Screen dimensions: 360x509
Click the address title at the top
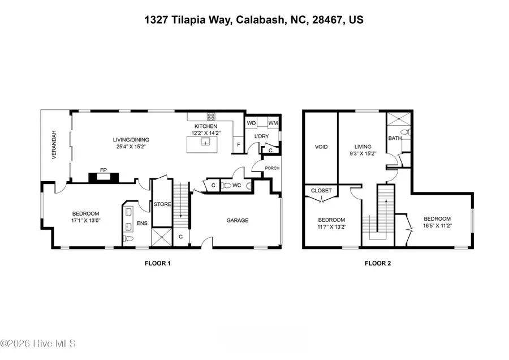[255, 20]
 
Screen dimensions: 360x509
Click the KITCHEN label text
[206, 126]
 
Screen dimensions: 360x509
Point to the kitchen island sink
[208, 142]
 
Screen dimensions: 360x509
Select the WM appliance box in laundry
[273, 122]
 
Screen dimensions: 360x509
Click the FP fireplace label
[103, 169]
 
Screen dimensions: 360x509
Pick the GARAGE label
[238, 220]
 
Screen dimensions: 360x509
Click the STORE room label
[162, 204]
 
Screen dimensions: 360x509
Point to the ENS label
[142, 224]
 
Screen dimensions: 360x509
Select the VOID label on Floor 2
[321, 147]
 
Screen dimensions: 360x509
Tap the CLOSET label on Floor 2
[321, 191]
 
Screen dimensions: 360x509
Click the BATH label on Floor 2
[394, 138]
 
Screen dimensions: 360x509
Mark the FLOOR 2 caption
[377, 263]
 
